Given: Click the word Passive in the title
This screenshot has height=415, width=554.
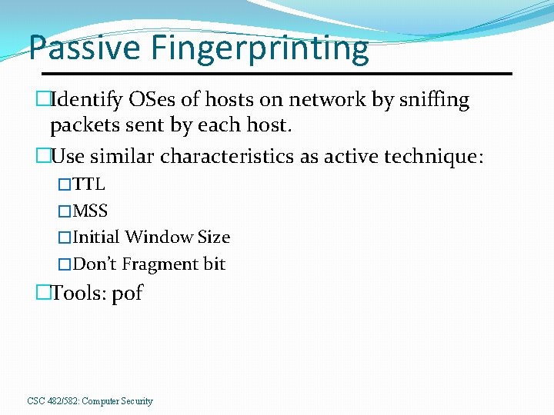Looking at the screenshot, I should [84, 48].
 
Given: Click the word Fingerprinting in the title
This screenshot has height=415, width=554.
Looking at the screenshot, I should [259, 48].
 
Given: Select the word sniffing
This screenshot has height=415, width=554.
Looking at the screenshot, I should [431, 100].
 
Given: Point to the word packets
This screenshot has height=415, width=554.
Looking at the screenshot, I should [82, 126].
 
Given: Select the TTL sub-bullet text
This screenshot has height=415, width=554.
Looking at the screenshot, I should [88, 184].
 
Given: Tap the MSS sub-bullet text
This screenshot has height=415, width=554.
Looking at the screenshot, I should [90, 211].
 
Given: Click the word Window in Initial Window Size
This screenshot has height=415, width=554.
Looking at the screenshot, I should [160, 237].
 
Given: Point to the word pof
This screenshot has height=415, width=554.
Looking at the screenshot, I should [128, 294].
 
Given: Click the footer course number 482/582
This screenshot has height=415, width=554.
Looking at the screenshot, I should [62, 401].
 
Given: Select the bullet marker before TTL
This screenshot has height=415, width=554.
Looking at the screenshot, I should [65, 184].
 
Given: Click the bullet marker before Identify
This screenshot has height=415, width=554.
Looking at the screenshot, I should [42, 100].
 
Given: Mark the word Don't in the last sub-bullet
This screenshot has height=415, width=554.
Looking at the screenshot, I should [95, 264].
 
